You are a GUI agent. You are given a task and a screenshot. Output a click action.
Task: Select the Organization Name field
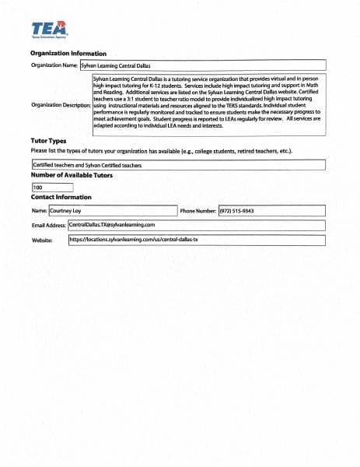[202, 66]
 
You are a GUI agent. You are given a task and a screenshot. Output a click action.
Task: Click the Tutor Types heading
[47, 140]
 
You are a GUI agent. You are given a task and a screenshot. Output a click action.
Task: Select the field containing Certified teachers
[177, 165]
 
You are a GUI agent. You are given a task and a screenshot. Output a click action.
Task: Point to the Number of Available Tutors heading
[71, 176]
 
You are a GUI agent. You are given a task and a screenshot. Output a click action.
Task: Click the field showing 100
[52, 188]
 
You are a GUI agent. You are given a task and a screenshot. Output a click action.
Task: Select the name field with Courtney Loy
[113, 211]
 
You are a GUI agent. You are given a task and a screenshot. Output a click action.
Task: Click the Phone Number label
[197, 211]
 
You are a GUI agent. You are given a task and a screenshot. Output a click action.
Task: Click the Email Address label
[49, 225]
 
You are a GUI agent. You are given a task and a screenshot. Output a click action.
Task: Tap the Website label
[42, 241]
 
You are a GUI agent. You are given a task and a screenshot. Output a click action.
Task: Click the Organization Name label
[54, 66]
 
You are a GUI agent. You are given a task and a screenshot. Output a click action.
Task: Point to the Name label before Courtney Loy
[39, 211]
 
